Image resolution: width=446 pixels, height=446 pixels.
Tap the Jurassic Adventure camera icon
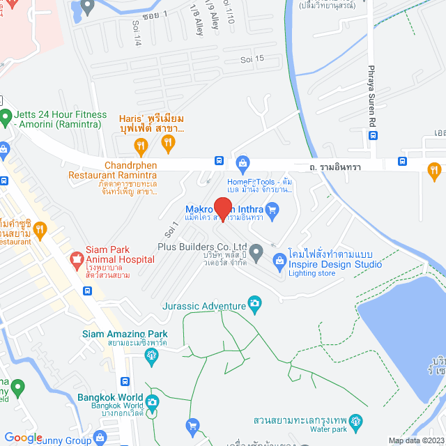point(256,305)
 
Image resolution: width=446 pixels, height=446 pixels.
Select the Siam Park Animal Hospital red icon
point(75,261)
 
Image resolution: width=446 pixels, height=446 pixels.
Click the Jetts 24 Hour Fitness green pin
point(6,116)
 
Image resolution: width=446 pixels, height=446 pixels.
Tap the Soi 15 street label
point(252,59)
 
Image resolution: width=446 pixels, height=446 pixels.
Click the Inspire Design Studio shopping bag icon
point(279,261)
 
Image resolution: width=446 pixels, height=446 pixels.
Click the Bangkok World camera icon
point(152,401)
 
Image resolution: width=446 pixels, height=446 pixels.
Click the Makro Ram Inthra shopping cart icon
point(272,208)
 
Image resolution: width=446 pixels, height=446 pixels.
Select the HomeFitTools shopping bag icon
point(243,164)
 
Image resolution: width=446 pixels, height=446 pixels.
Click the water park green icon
point(357,422)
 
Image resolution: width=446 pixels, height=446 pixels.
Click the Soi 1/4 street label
point(137,33)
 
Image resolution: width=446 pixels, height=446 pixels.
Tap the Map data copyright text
point(415,440)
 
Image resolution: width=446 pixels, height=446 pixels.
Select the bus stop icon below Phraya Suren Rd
point(374,136)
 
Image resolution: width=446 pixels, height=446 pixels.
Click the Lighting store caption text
point(311,273)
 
